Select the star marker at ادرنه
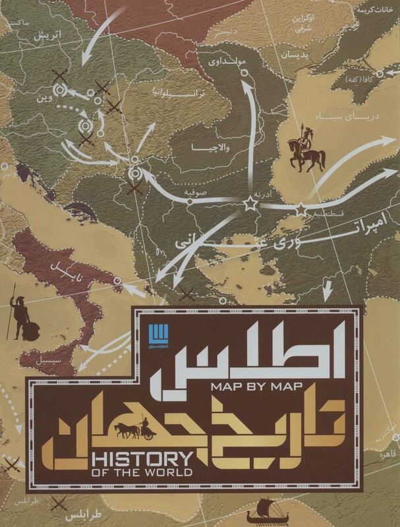(249, 204)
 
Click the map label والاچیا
(208, 146)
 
